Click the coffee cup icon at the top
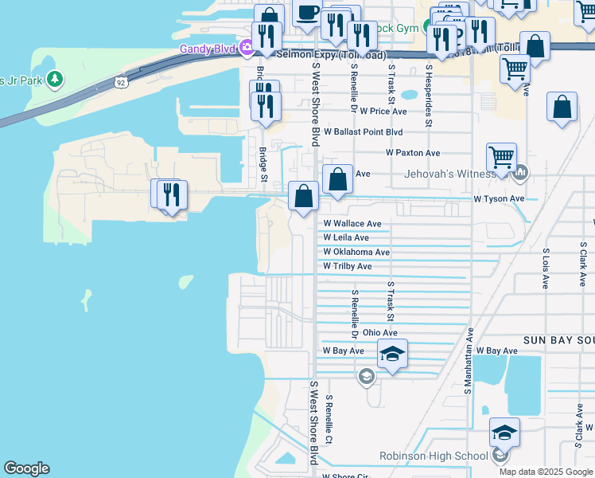click(308, 13)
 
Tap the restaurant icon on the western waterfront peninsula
click(169, 194)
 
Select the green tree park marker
click(55, 79)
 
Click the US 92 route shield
click(120, 81)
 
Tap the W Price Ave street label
click(383, 112)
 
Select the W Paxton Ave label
click(413, 152)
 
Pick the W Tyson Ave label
click(499, 198)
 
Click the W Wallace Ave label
click(352, 224)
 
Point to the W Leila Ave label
click(346, 237)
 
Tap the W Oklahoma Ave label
click(356, 252)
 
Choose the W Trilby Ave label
click(348, 266)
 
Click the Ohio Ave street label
click(379, 332)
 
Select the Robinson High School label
click(434, 456)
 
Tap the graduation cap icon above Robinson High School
click(504, 433)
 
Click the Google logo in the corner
click(26, 468)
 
